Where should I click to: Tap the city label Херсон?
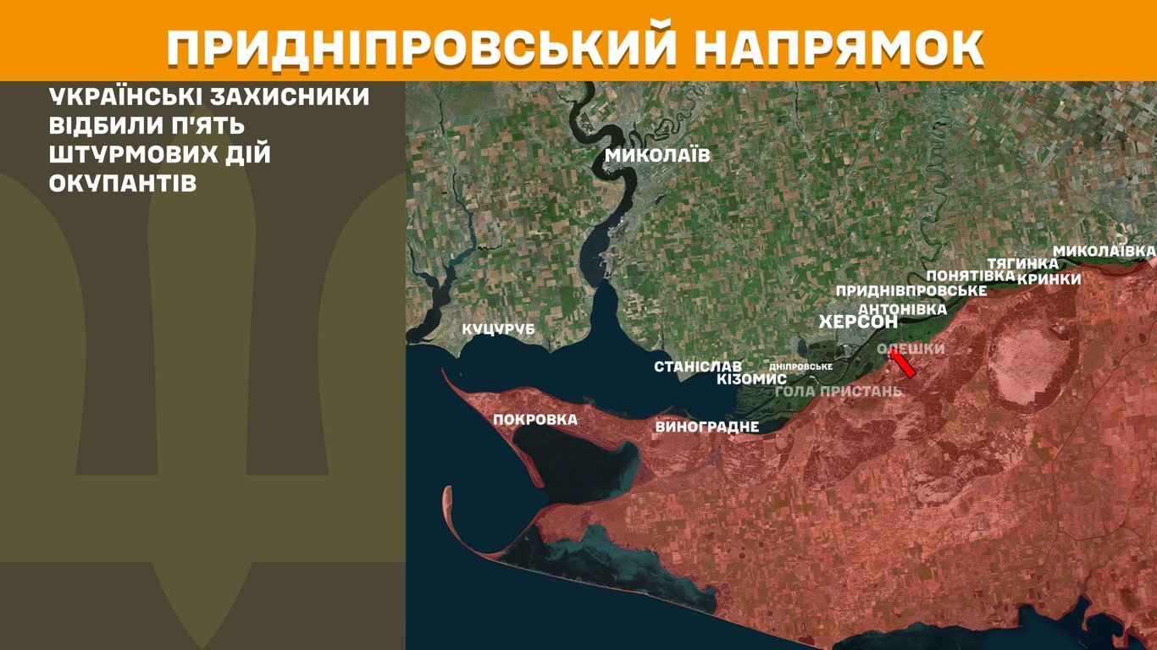coord(858,322)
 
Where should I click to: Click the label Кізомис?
coord(751,379)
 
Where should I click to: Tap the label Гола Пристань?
coord(839,391)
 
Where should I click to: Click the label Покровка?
coord(535,419)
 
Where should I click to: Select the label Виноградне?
coord(706,427)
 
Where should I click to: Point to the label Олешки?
coord(911,349)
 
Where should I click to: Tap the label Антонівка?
coord(902,309)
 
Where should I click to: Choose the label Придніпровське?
coord(911,291)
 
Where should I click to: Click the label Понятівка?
coord(970,276)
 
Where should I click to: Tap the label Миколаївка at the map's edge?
coord(1104,251)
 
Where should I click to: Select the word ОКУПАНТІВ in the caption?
coord(123,184)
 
